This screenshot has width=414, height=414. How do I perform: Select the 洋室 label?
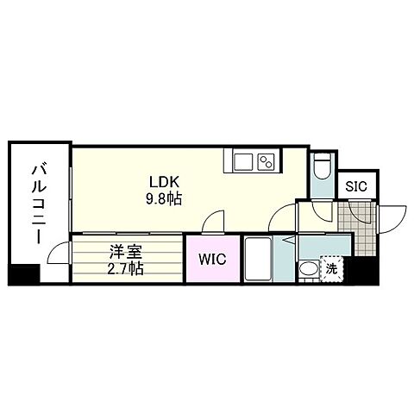125,253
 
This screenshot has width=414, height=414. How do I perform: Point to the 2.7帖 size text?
125,267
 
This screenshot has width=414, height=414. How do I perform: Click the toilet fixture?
321,165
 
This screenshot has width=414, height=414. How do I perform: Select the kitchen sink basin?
241,161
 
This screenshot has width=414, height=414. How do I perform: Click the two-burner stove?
266,161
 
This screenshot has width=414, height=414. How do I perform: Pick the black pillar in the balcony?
23,276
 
